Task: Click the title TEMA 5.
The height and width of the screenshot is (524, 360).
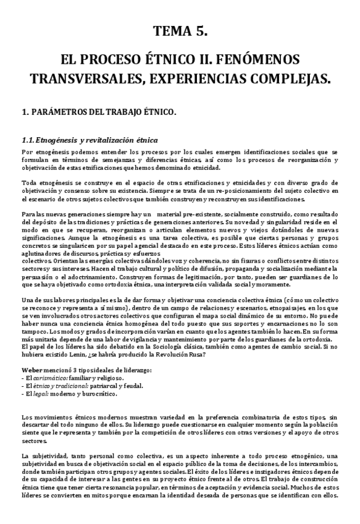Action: click(180, 31)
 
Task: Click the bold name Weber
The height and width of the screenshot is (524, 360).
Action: click(32, 370)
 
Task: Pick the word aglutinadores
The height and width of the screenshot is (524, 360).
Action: click(38, 254)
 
